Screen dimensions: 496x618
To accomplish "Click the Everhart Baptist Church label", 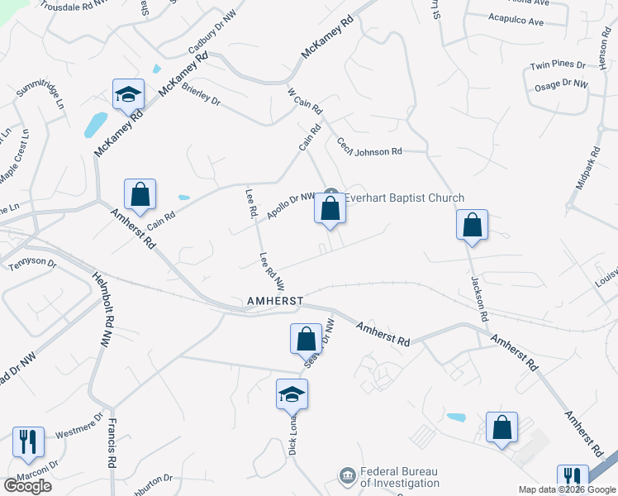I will click(x=404, y=198).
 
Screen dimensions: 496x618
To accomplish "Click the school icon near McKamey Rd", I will click(x=129, y=96).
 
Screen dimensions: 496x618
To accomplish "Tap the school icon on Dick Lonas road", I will click(x=292, y=396).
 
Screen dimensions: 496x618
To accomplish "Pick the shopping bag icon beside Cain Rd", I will click(x=140, y=195).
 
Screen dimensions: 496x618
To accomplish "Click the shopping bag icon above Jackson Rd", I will click(x=472, y=225).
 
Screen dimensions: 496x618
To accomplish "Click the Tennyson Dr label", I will click(x=32, y=265).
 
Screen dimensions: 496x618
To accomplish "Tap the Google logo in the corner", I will click(x=27, y=485).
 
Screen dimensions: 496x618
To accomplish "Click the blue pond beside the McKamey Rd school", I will click(x=95, y=125).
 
